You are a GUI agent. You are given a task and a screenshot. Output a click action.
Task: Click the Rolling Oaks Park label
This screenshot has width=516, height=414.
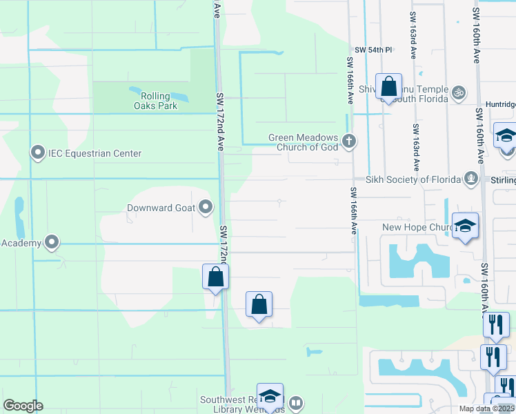click(x=156, y=101)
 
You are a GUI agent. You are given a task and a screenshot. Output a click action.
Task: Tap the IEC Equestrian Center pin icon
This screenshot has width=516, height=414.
click(x=37, y=152)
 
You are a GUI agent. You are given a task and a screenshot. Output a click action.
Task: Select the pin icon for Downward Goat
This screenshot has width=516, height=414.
click(x=206, y=206)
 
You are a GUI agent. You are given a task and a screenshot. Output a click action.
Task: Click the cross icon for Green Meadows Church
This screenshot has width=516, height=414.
click(x=349, y=142)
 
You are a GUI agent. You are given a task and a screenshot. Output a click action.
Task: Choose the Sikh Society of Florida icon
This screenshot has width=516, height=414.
click(x=472, y=179)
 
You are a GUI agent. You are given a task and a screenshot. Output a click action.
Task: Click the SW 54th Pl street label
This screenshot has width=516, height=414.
click(x=373, y=50)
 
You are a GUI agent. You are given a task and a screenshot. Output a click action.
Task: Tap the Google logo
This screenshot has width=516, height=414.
click(x=23, y=406)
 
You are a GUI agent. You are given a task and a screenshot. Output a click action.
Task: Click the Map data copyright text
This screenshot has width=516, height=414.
click(x=486, y=408)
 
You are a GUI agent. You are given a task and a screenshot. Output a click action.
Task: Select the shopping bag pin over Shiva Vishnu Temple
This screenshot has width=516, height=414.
click(x=389, y=87)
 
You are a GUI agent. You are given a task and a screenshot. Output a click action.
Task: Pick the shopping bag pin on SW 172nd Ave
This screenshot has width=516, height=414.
click(x=216, y=277)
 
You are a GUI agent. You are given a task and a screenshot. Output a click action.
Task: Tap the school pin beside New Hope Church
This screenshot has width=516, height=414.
click(x=465, y=226)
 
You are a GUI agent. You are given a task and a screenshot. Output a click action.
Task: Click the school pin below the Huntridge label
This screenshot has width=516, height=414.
click(x=506, y=135)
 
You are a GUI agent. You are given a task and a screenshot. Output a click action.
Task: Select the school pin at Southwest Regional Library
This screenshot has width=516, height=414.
click(x=270, y=396)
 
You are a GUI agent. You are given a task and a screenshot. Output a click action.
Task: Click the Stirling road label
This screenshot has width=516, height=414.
click(x=505, y=181)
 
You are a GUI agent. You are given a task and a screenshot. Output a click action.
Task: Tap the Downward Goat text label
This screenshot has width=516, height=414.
click(x=160, y=207)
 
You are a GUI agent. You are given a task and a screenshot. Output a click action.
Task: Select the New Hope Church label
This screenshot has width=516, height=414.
click(x=416, y=227)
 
